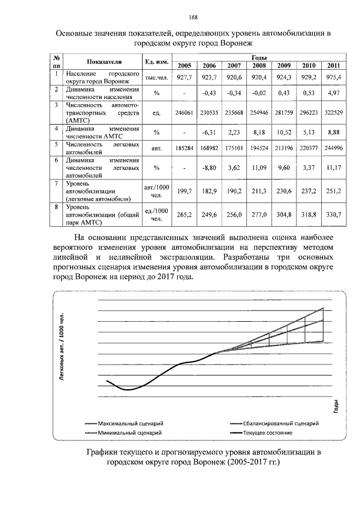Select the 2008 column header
[259, 65]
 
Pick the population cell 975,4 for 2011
[334, 77]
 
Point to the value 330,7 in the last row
[334, 214]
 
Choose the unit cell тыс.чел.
[154, 78]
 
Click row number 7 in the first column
[57, 183]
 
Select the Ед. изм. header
[154, 61]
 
